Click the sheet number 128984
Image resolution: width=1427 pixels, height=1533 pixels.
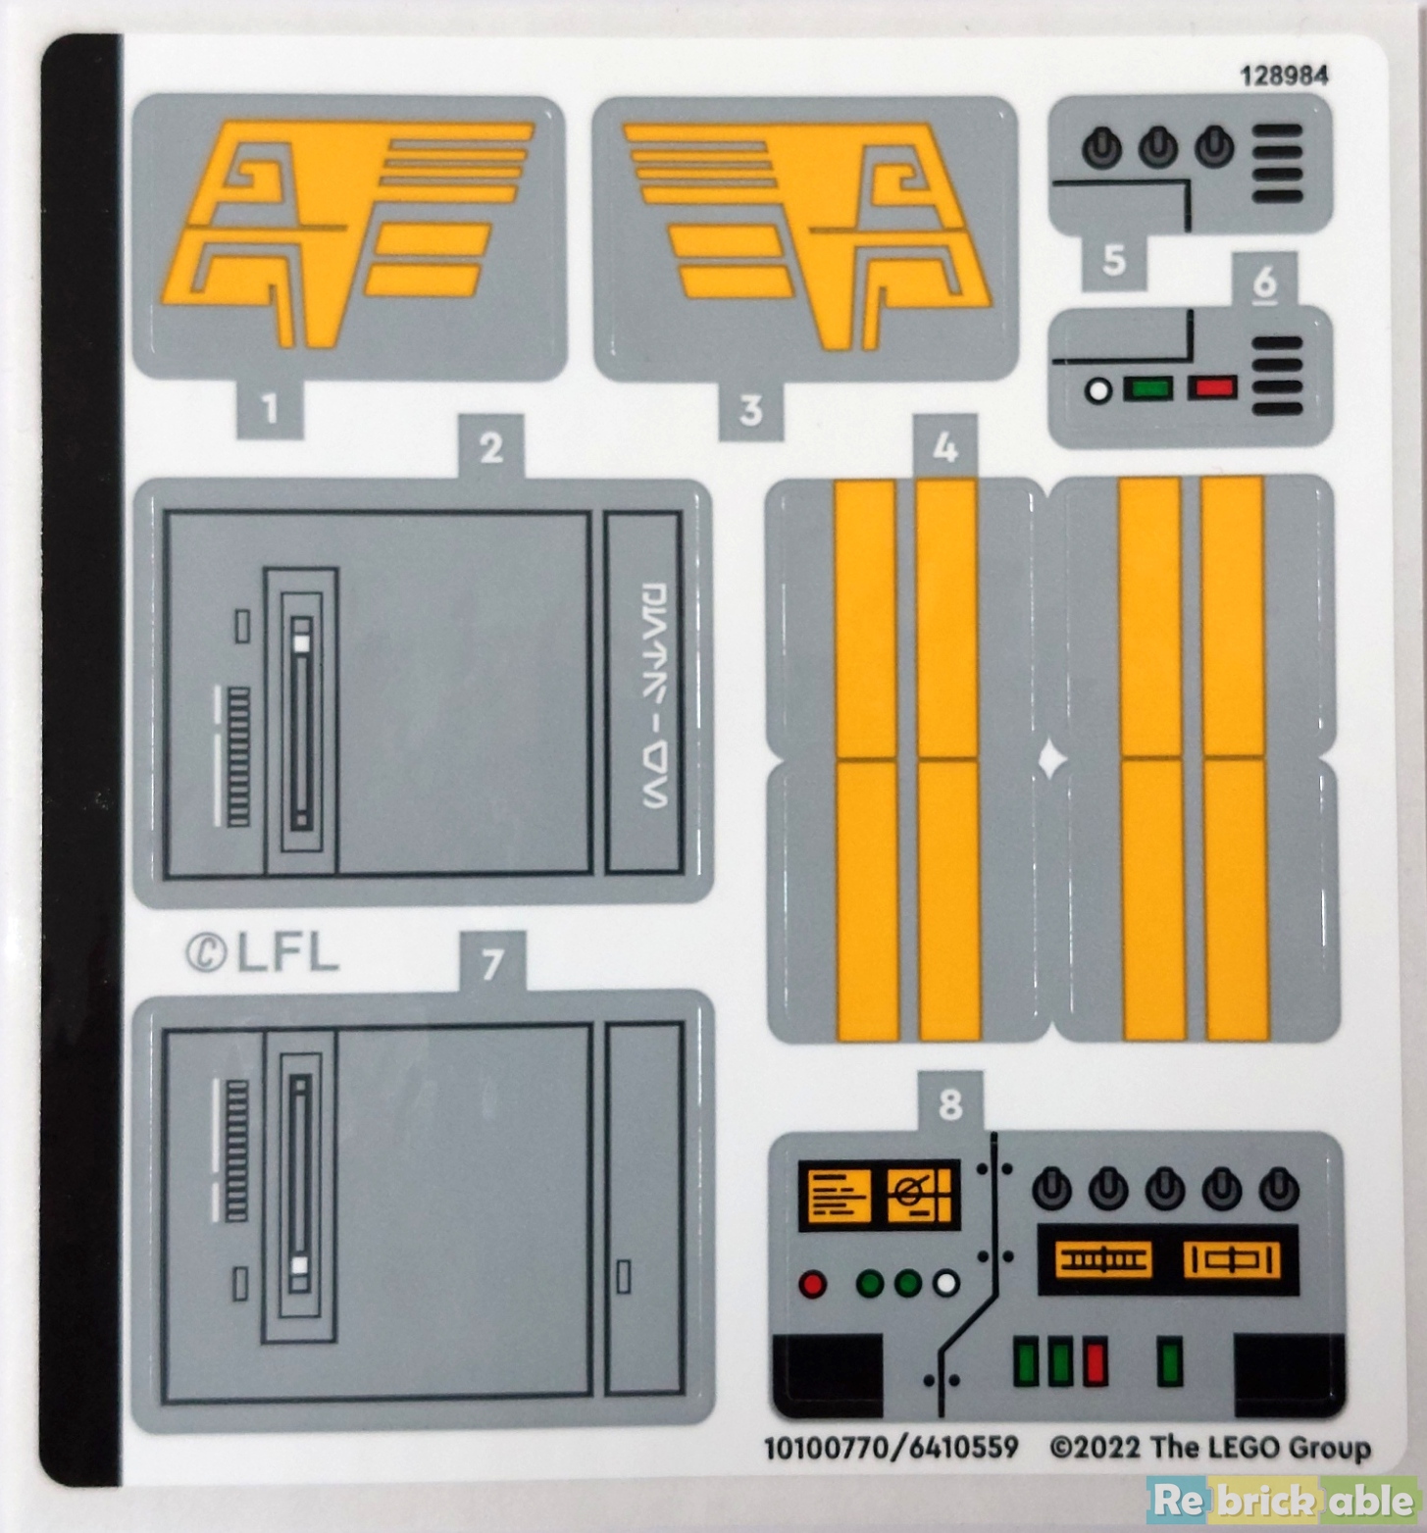click(x=1284, y=76)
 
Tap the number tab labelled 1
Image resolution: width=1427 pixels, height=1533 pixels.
click(x=270, y=408)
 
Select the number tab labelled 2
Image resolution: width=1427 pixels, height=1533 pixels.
click(x=490, y=447)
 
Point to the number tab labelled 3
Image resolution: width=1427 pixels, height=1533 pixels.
click(x=750, y=409)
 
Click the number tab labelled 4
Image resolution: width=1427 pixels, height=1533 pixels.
click(x=944, y=448)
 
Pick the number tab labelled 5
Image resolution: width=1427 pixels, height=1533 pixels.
click(x=1113, y=261)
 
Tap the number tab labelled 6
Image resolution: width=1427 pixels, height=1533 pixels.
click(x=1265, y=281)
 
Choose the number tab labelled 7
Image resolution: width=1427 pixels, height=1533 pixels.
click(x=492, y=963)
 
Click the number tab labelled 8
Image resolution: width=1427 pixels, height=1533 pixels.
click(x=949, y=1104)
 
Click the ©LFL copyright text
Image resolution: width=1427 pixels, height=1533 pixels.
click(x=262, y=952)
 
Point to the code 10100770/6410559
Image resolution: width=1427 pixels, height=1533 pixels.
click(x=891, y=1448)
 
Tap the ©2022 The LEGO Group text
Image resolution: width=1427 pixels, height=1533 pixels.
click(x=1209, y=1448)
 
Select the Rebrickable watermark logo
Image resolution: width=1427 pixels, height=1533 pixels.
click(x=1283, y=1500)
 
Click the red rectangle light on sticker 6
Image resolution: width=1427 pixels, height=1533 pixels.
click(x=1212, y=388)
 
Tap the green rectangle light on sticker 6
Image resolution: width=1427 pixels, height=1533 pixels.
click(x=1147, y=388)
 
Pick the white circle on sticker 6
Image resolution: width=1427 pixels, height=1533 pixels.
click(x=1098, y=390)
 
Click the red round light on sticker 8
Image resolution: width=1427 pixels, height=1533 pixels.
click(x=812, y=1284)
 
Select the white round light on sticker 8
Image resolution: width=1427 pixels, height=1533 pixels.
click(x=945, y=1284)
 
